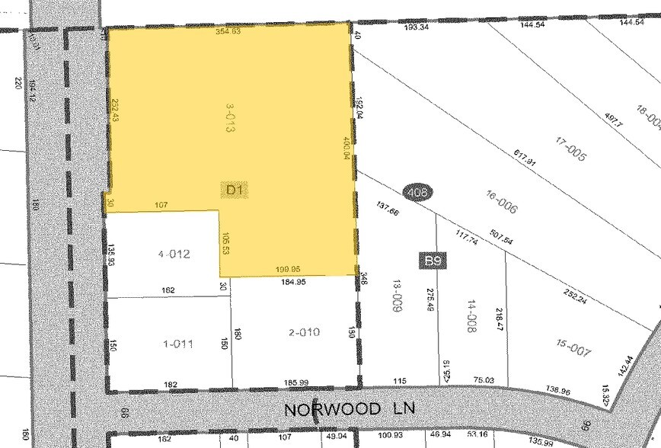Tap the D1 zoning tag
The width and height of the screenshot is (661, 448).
click(x=235, y=190)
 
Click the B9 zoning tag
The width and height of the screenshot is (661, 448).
click(x=434, y=261)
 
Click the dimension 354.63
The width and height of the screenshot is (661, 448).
click(x=228, y=32)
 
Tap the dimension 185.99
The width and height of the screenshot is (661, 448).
click(x=292, y=382)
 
